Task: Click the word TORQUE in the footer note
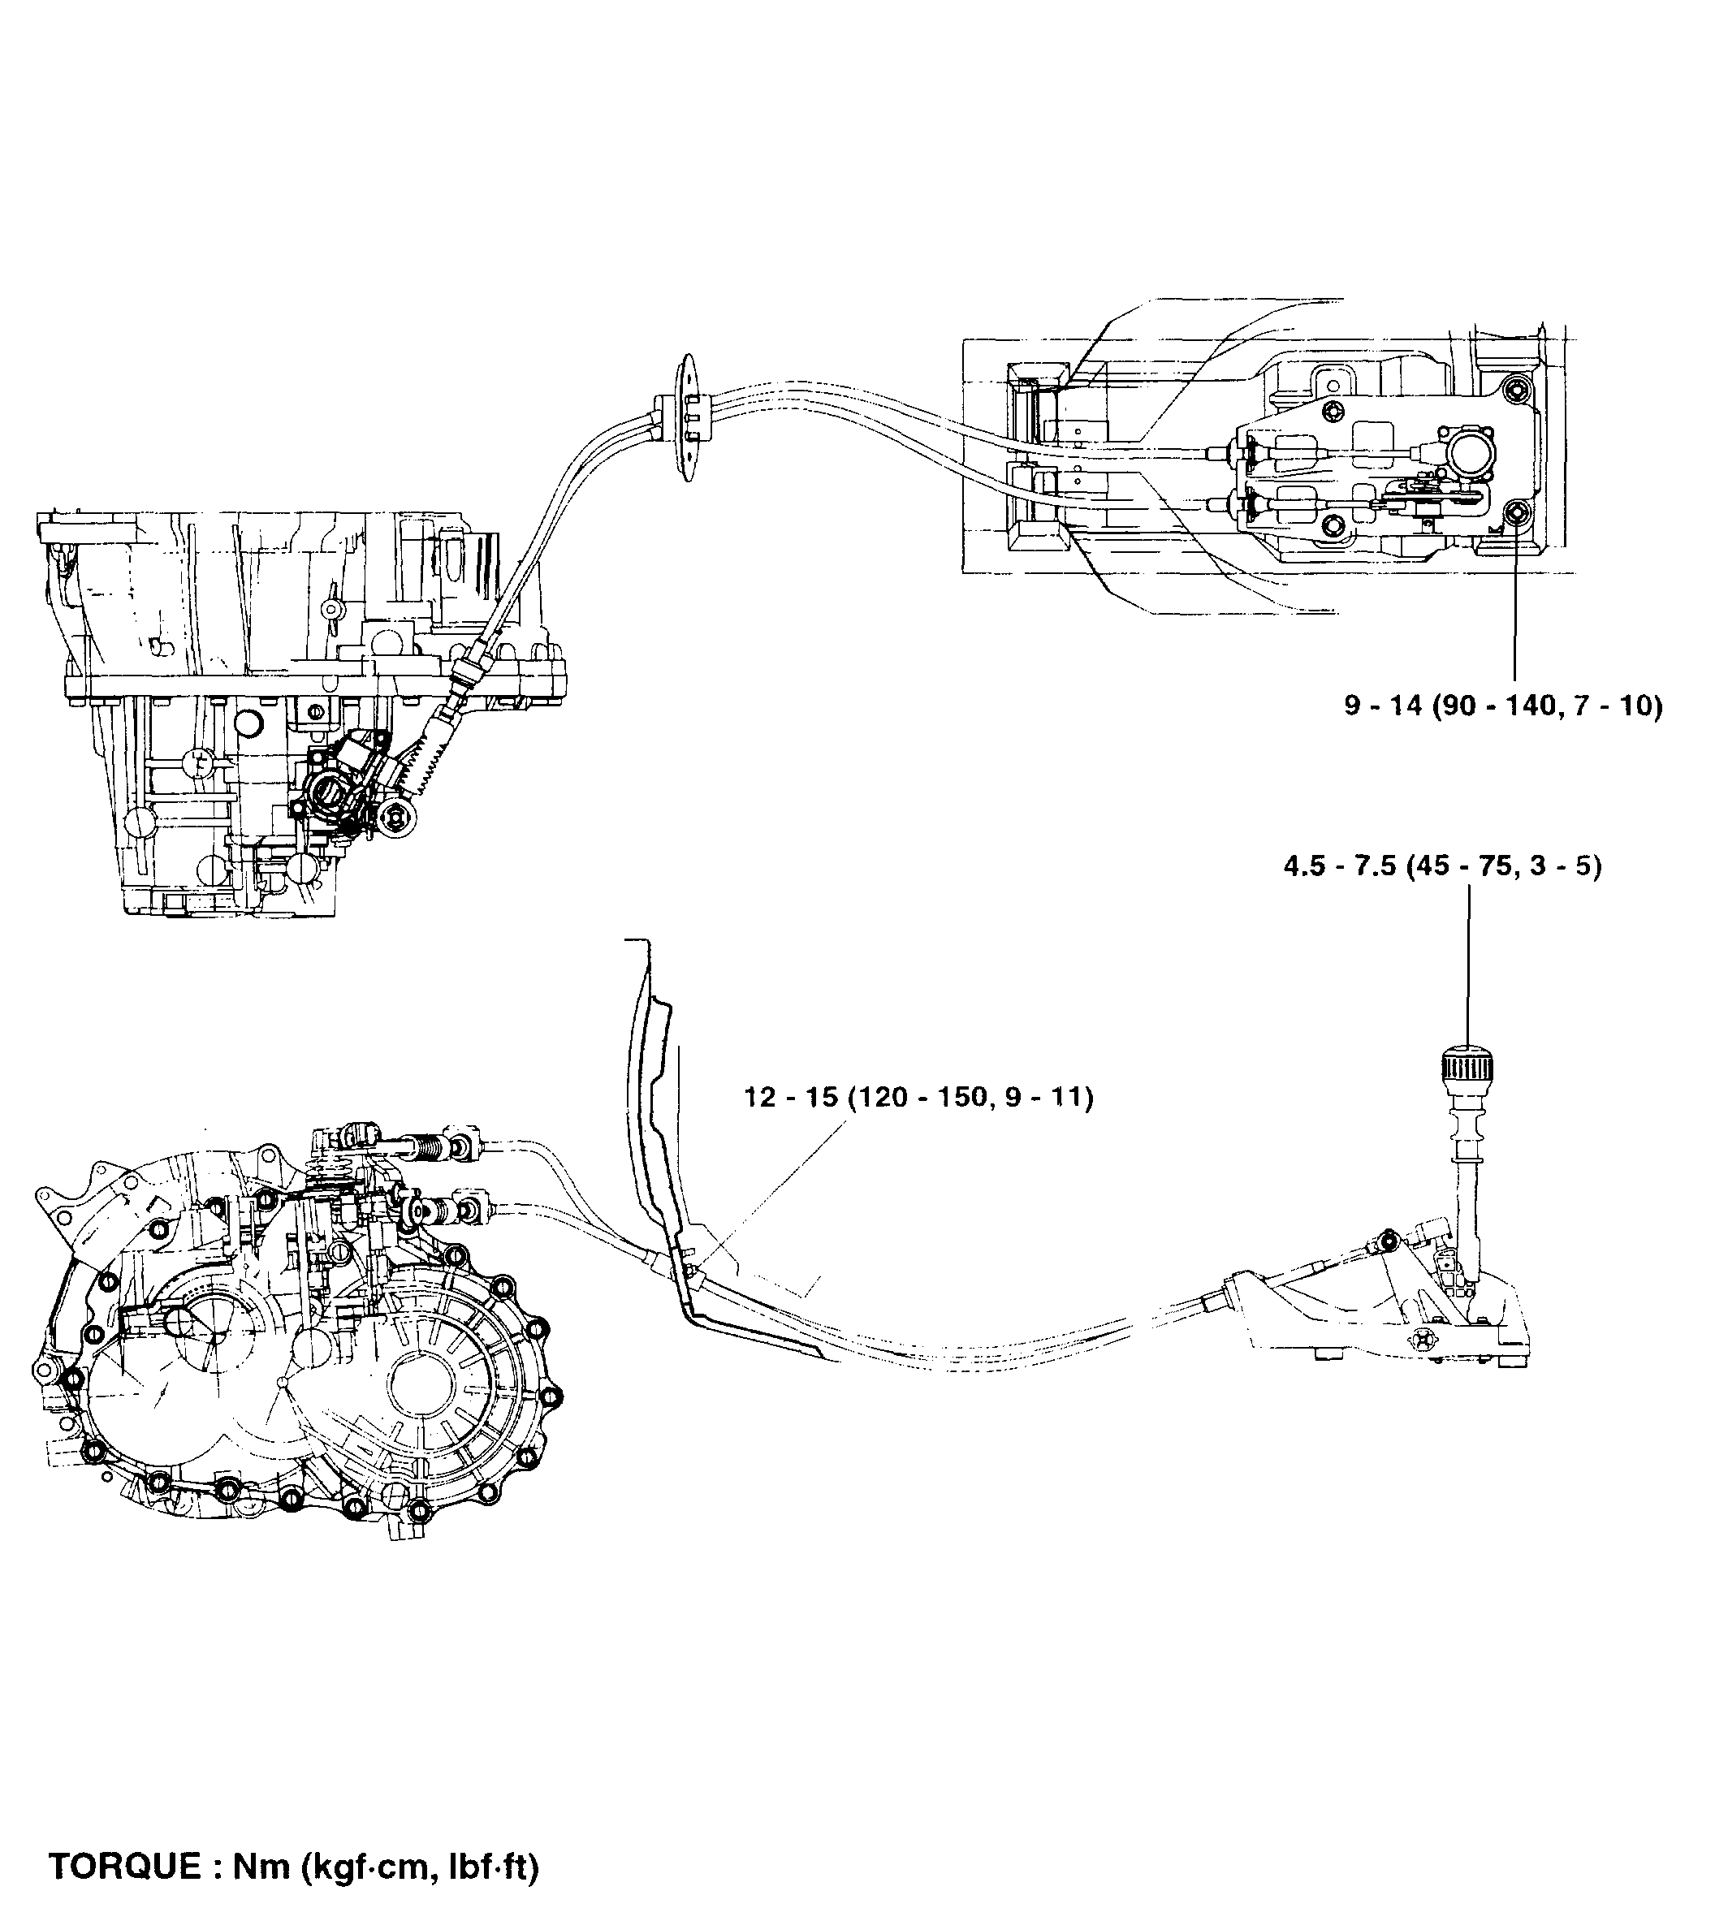click(x=123, y=1865)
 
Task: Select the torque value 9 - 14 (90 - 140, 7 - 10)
click(x=1503, y=706)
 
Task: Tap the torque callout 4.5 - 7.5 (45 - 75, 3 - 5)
click(x=1441, y=865)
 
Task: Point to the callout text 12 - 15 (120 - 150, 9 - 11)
click(x=918, y=1098)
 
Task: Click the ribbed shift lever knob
click(x=1467, y=1068)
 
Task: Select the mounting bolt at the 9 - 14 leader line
click(x=1514, y=513)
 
